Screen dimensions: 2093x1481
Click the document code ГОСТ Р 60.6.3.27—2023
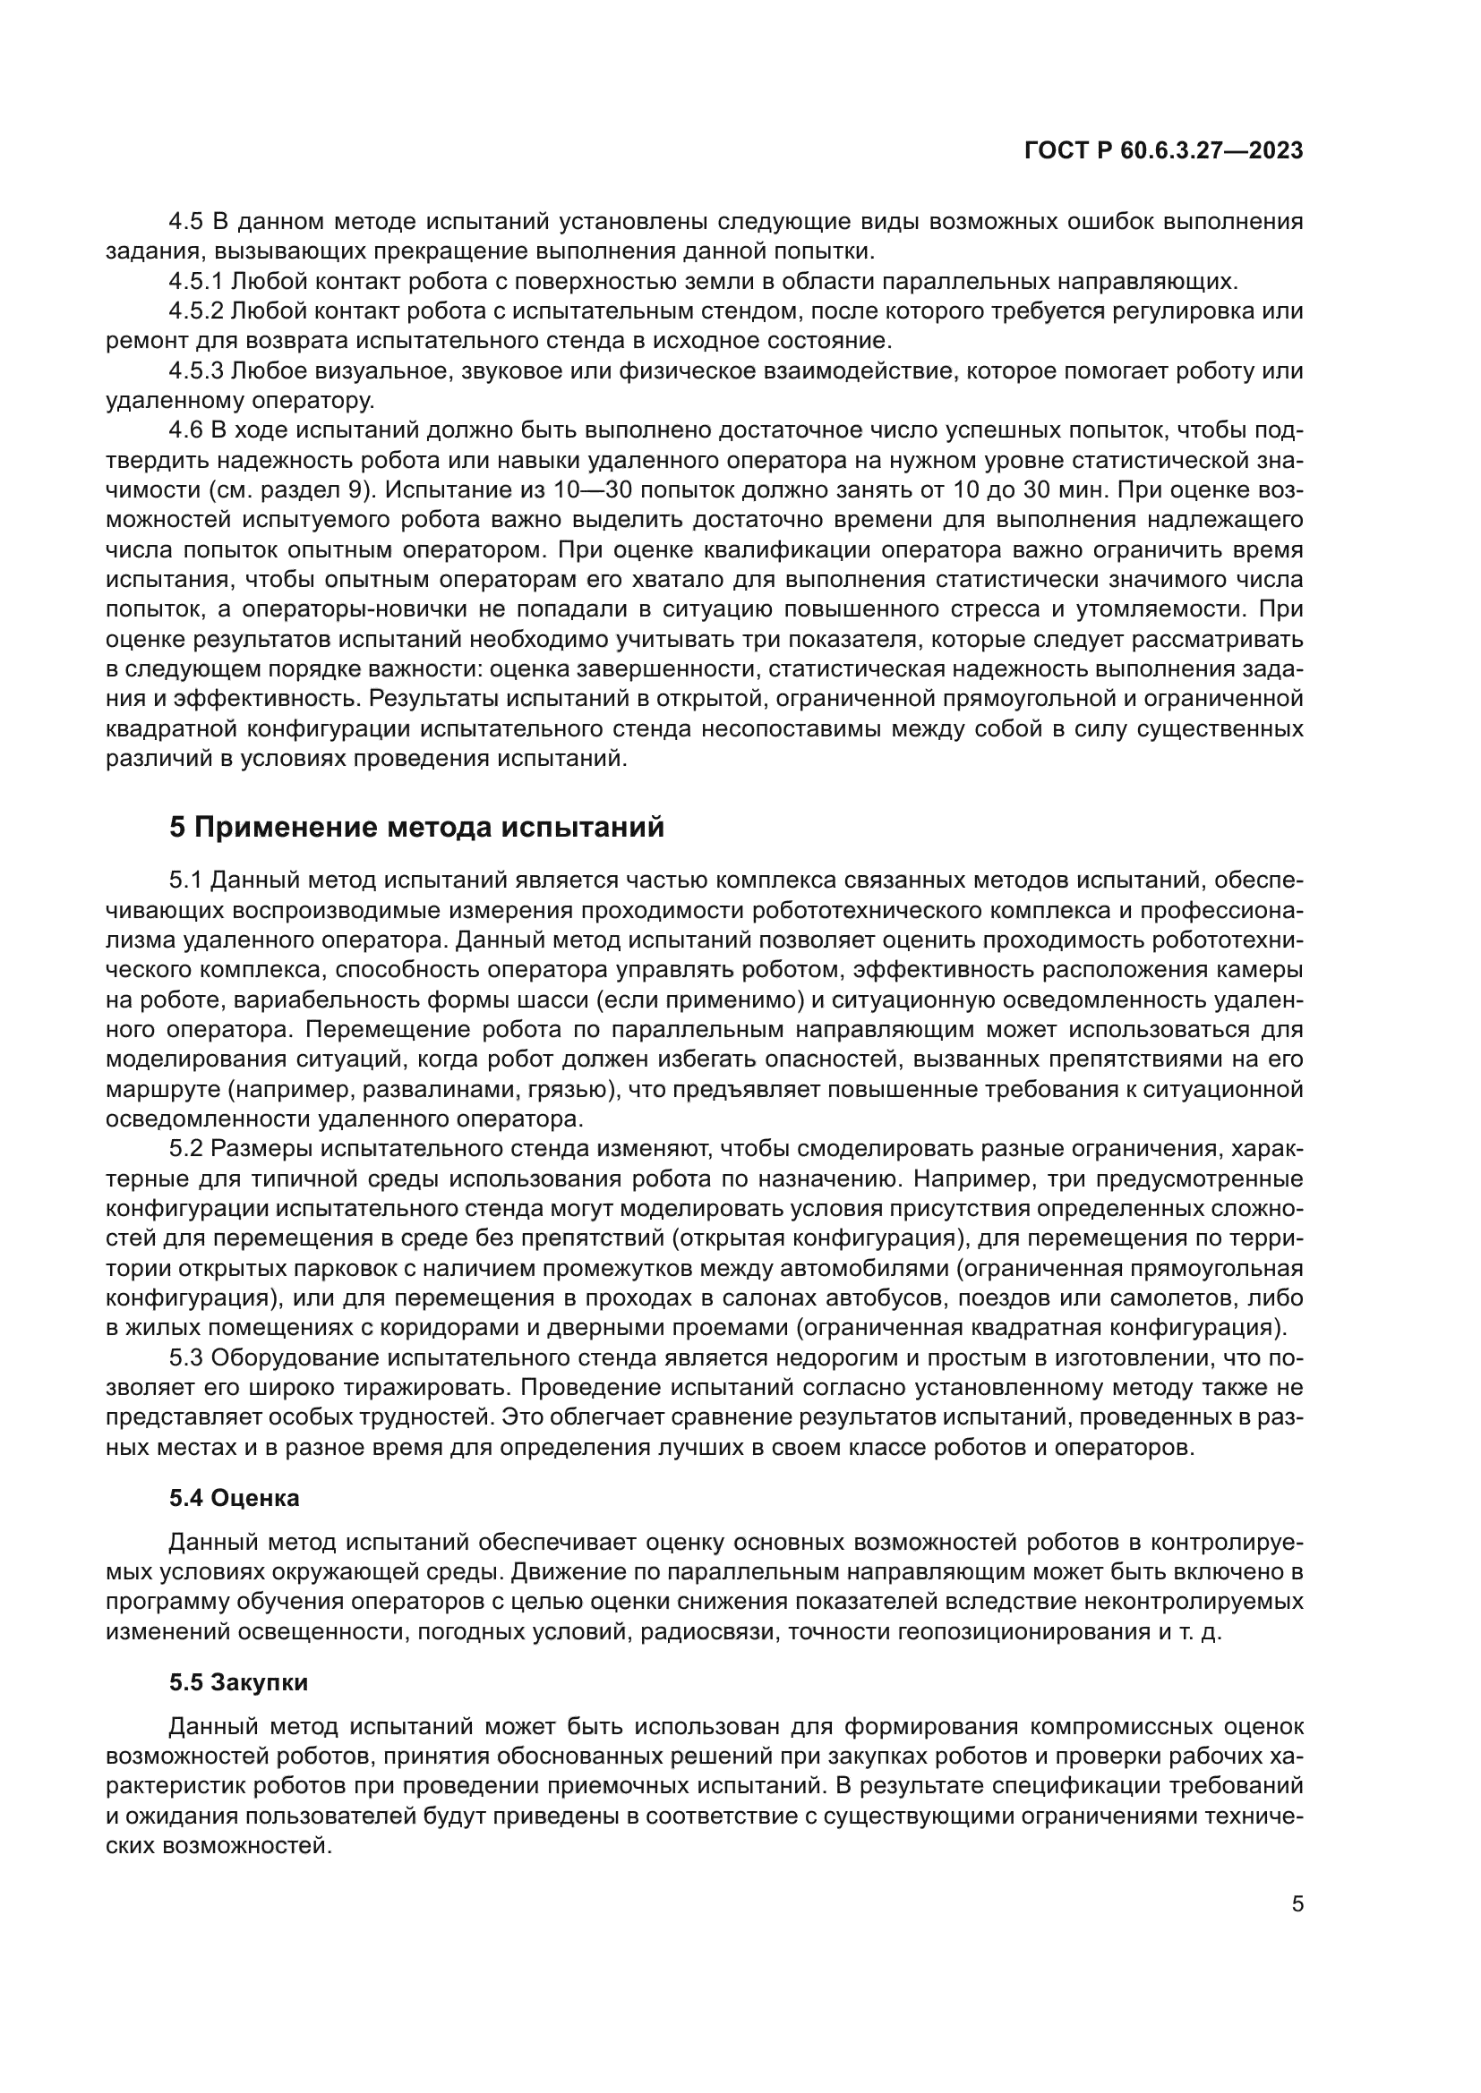tap(1163, 151)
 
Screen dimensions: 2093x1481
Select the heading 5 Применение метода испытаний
tap(416, 827)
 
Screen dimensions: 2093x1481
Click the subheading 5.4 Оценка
tap(235, 1497)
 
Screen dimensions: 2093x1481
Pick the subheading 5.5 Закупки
tap(239, 1682)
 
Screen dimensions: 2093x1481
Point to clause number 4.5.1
tap(196, 281)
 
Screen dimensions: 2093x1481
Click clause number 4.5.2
tap(196, 311)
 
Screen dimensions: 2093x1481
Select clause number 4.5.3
tap(196, 371)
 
